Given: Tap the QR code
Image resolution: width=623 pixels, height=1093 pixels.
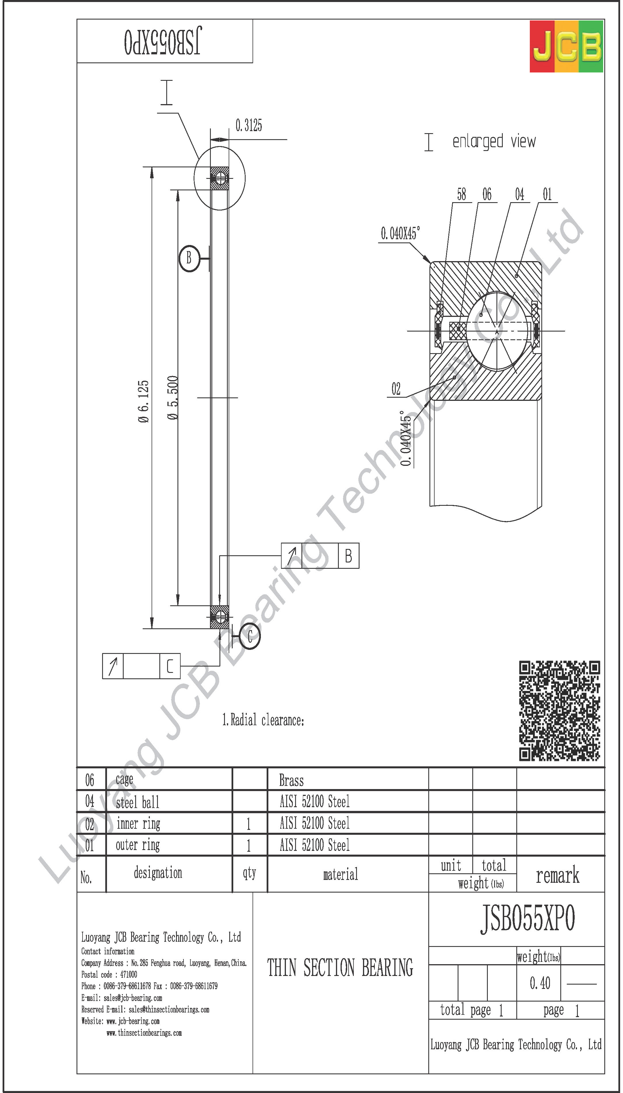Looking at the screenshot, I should click(559, 711).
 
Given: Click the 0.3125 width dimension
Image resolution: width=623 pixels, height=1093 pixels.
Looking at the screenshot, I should click(249, 126).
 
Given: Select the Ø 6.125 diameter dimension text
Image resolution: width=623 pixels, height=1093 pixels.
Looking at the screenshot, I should click(144, 401).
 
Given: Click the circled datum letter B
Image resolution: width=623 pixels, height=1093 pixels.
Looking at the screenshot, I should click(189, 259).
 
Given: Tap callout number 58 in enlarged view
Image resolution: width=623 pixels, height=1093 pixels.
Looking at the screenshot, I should click(461, 195).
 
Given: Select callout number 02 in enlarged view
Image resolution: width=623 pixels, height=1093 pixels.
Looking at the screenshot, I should click(396, 389).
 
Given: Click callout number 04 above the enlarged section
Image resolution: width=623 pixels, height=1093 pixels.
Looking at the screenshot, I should click(519, 195).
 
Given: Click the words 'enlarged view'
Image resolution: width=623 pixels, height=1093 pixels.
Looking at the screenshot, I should click(494, 141).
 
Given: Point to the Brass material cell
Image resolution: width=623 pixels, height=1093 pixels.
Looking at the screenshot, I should click(291, 781).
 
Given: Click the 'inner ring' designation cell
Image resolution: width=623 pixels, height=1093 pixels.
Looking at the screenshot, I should click(138, 824).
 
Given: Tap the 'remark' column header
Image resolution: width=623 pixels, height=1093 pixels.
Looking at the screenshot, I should click(557, 876).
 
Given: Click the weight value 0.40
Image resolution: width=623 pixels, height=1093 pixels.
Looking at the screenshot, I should click(540, 983).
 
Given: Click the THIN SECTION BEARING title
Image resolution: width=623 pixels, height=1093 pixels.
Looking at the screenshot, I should click(340, 968).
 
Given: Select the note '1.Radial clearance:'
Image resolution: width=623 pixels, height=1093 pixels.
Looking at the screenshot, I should click(263, 720).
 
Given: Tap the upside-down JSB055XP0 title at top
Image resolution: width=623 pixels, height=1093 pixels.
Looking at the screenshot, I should click(162, 41).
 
